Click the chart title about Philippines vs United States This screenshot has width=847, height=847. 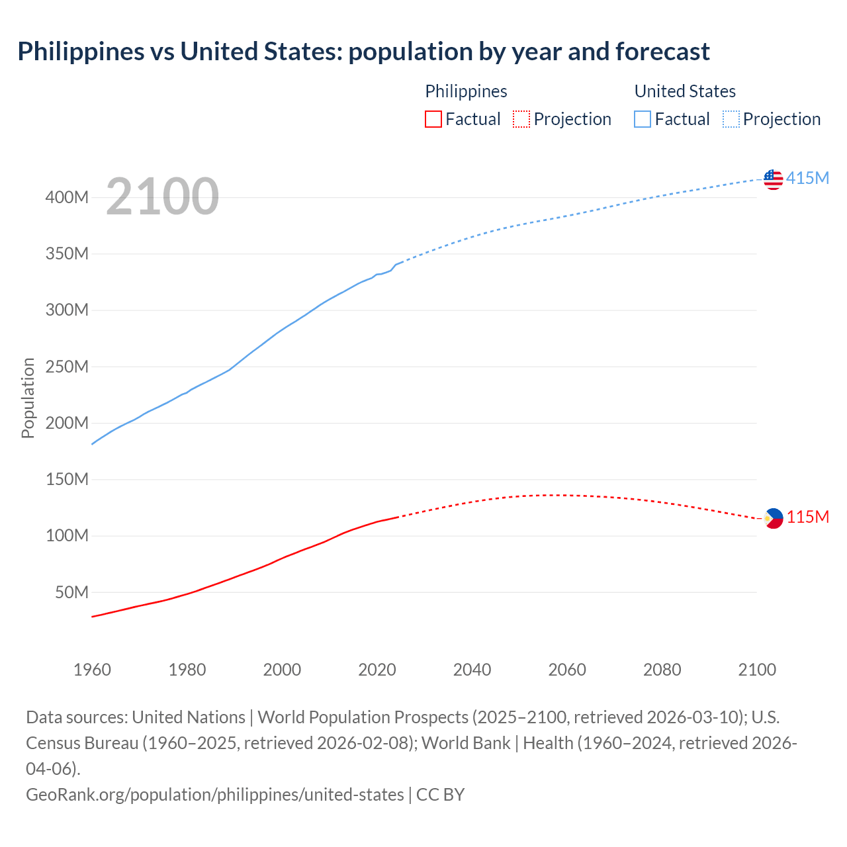pyautogui.click(x=363, y=51)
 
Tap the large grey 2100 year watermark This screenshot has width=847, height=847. pyautogui.click(x=162, y=196)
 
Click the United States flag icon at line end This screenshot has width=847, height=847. pyautogui.click(x=773, y=179)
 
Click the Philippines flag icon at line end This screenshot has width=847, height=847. pyautogui.click(x=773, y=518)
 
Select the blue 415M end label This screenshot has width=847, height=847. pyautogui.click(x=807, y=178)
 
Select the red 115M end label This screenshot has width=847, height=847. pyautogui.click(x=807, y=517)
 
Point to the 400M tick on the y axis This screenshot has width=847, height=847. pyautogui.click(x=67, y=197)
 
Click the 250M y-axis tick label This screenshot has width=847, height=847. pyautogui.click(x=67, y=367)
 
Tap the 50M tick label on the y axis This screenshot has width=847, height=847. pyautogui.click(x=71, y=592)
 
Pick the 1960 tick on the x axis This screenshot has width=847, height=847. pyautogui.click(x=92, y=670)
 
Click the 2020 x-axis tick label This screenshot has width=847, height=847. pyautogui.click(x=377, y=670)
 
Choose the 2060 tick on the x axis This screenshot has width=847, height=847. pyautogui.click(x=567, y=670)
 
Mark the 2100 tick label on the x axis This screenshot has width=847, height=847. pyautogui.click(x=757, y=670)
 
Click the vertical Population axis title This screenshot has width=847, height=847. pyautogui.click(x=28, y=398)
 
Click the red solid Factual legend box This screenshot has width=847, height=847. pyautogui.click(x=433, y=119)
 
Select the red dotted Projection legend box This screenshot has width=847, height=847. pyautogui.click(x=521, y=119)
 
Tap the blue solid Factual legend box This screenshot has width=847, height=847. pyautogui.click(x=643, y=119)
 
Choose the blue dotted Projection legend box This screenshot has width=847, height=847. pyautogui.click(x=731, y=119)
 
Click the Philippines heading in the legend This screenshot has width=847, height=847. pyautogui.click(x=466, y=91)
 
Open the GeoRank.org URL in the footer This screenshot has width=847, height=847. pyautogui.click(x=214, y=794)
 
